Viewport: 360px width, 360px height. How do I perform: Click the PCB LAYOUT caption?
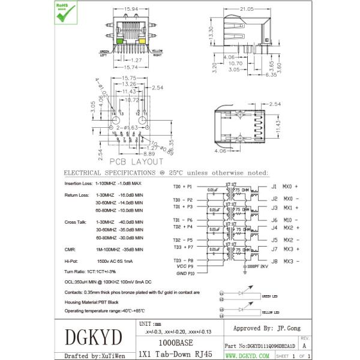tap(135, 161)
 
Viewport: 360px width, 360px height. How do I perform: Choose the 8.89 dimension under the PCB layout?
tap(133, 154)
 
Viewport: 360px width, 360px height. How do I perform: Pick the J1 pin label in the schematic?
tap(274, 187)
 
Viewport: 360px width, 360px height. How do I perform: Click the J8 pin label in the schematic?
tap(274, 261)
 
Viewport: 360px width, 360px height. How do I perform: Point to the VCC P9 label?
tap(184, 266)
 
